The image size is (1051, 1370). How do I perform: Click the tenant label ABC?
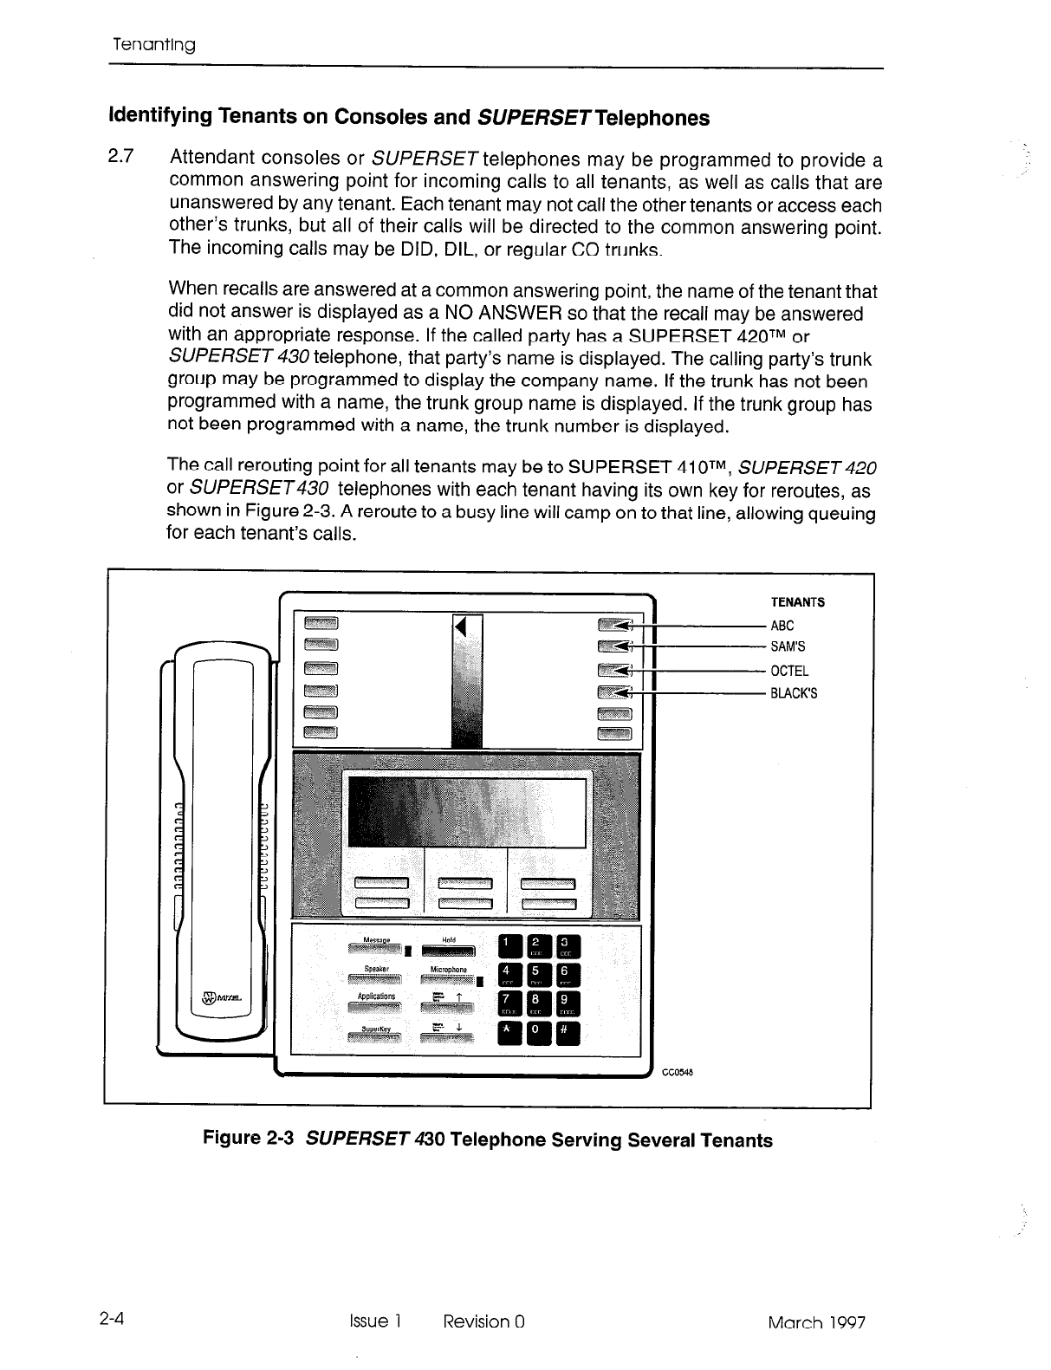(x=782, y=626)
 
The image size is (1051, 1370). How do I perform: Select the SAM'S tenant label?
(x=788, y=646)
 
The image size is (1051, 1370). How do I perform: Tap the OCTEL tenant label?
(x=789, y=671)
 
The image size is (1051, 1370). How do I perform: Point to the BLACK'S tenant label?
(x=794, y=693)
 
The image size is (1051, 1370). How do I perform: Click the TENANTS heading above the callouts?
(x=798, y=602)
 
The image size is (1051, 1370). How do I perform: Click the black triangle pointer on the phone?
(x=461, y=627)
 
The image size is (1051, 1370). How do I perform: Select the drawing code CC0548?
(x=679, y=1072)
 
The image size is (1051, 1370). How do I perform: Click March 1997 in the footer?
(x=816, y=1322)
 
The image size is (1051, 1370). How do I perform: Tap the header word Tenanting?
(x=154, y=44)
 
